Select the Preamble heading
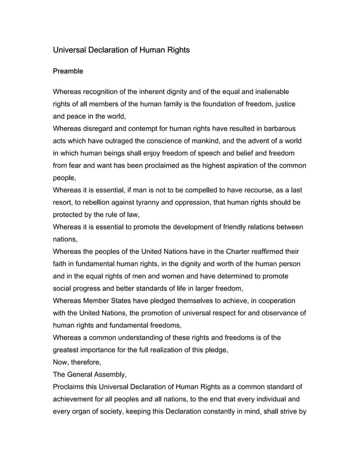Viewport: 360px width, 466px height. (68, 72)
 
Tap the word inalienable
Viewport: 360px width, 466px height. (271, 91)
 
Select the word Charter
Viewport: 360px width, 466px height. (230, 252)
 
